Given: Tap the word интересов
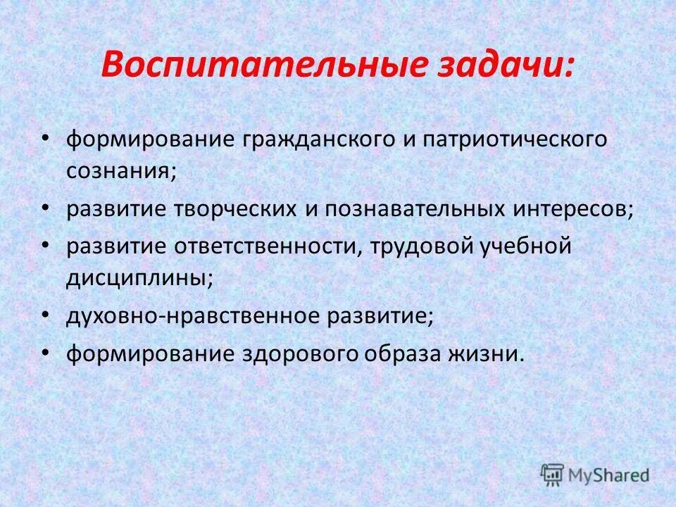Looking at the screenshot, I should [575, 209].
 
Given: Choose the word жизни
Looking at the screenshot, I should [488, 354].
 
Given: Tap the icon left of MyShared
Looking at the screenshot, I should [552, 474].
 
